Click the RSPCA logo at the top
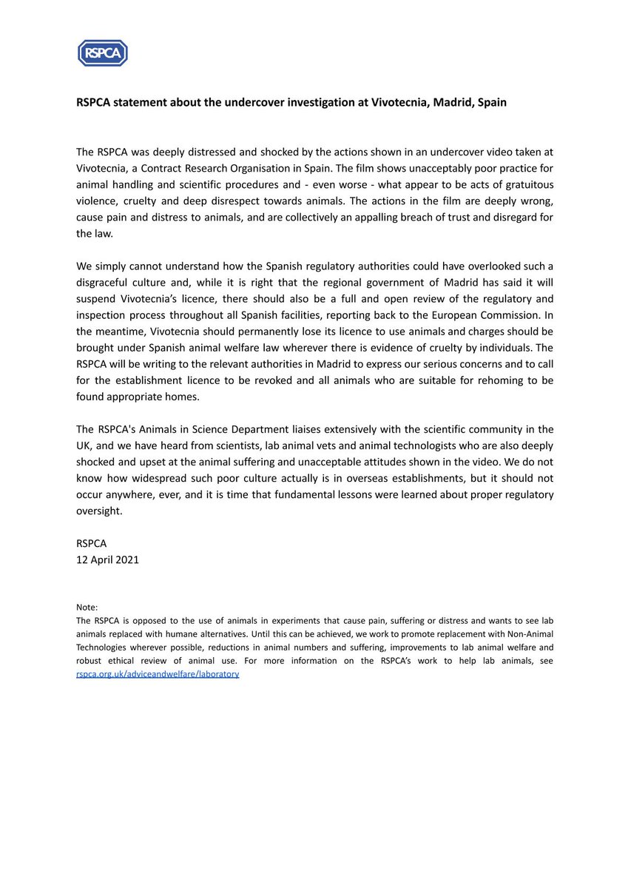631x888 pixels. click(103, 53)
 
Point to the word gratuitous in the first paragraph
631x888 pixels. click(523, 184)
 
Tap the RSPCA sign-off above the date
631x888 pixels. click(92, 543)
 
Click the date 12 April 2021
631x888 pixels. click(107, 559)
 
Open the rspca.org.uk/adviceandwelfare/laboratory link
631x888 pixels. click(158, 674)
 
